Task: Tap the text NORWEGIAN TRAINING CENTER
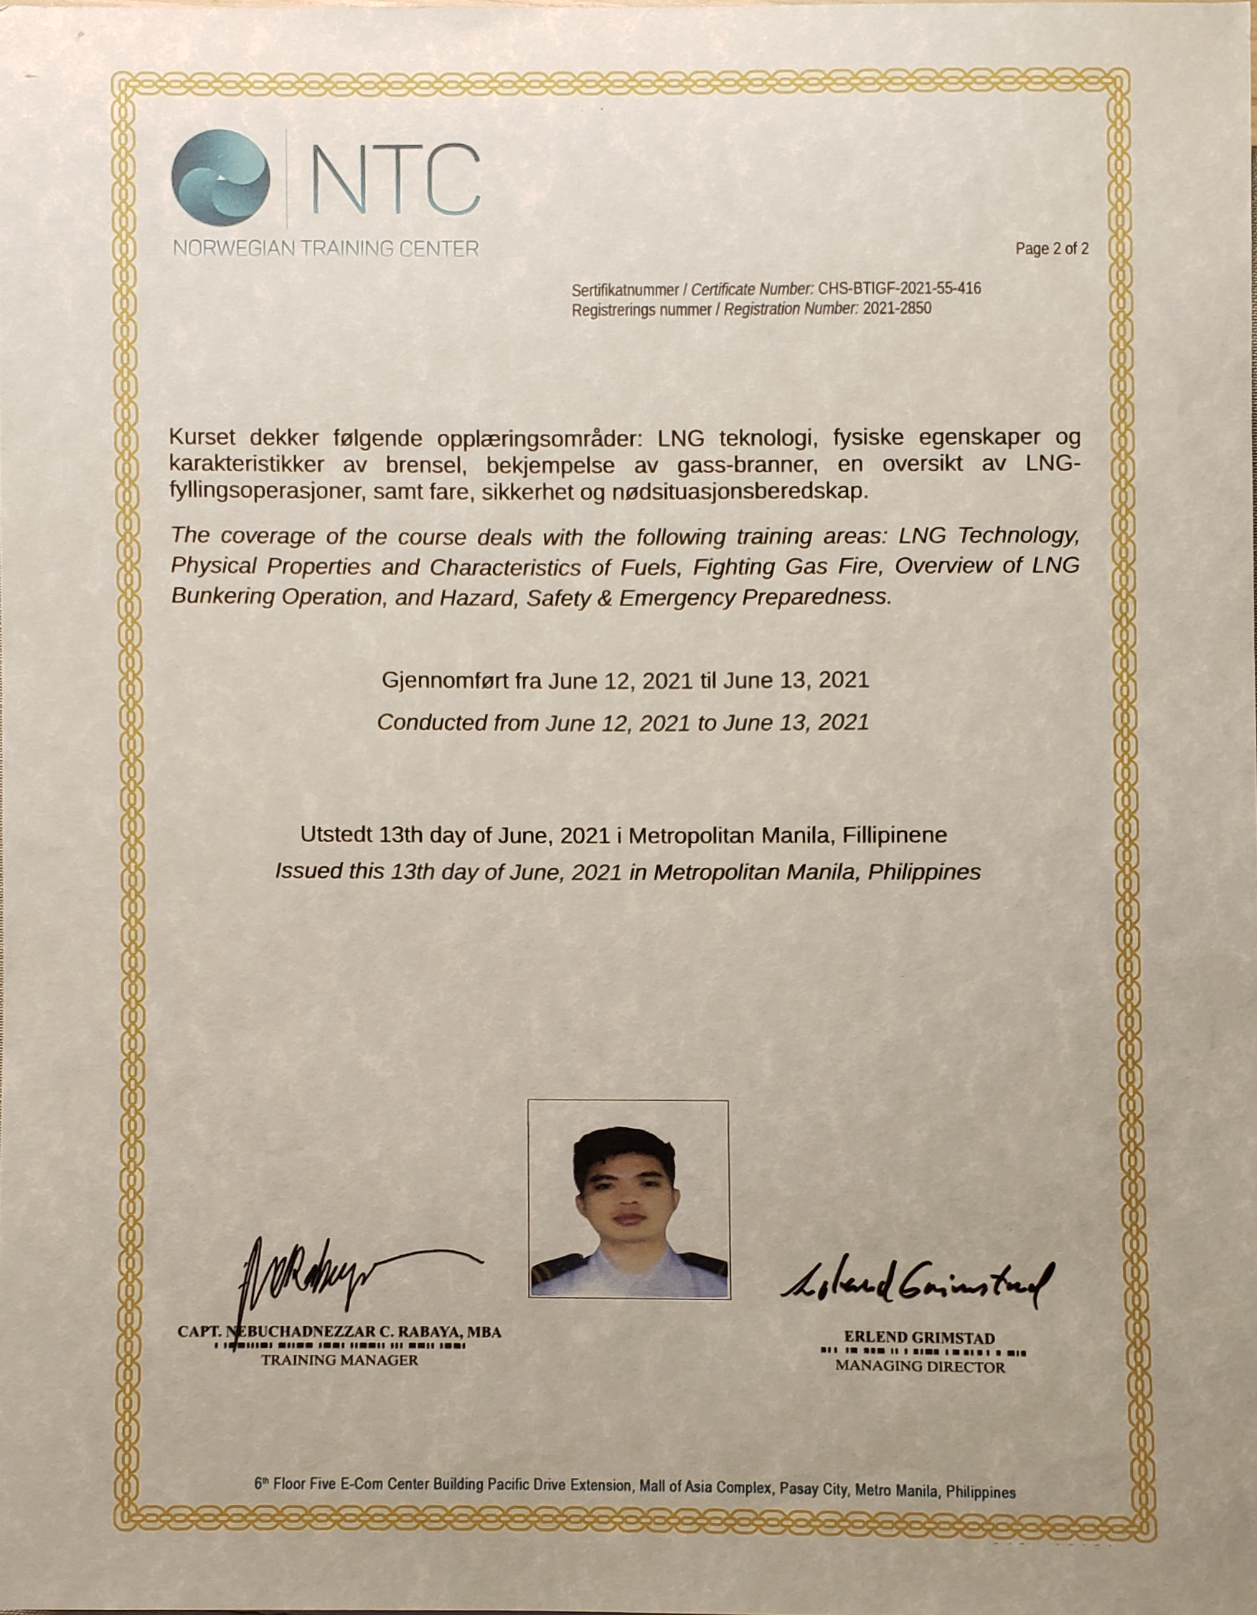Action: [326, 248]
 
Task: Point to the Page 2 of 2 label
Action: [1051, 248]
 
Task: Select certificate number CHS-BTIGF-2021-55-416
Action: [899, 288]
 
